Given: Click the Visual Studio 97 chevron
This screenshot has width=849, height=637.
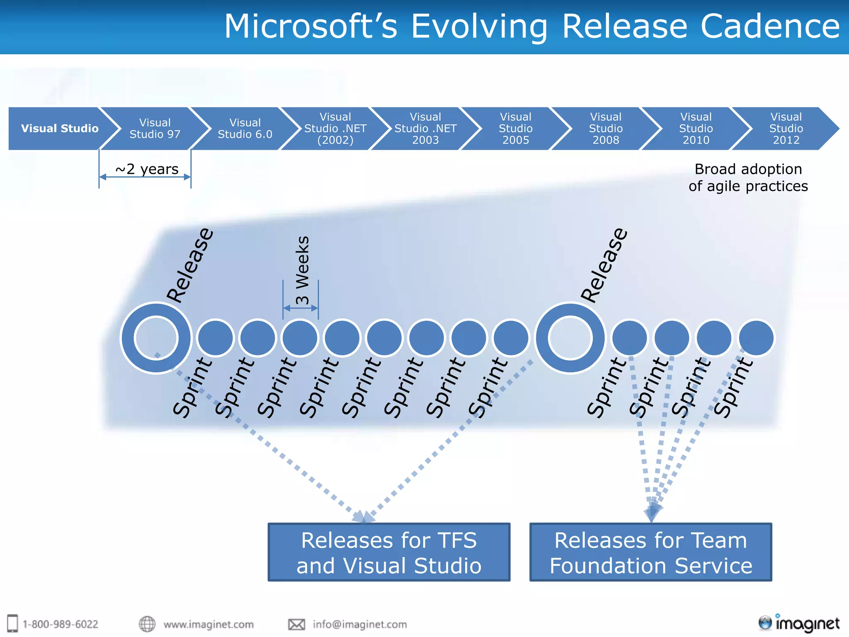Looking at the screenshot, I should [x=155, y=129].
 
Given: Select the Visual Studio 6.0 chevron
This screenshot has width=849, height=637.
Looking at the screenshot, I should [x=245, y=129].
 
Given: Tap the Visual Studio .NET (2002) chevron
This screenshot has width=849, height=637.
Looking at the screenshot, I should [x=335, y=129].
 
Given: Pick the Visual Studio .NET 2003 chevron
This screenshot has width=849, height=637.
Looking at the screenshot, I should [x=425, y=129].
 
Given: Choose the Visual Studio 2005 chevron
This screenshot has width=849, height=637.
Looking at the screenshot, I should [x=516, y=129].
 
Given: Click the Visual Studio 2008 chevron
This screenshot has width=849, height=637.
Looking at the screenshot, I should [x=606, y=129].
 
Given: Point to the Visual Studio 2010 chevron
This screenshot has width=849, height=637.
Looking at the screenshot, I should [x=696, y=129].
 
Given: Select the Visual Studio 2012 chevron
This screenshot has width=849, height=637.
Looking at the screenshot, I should [x=786, y=129].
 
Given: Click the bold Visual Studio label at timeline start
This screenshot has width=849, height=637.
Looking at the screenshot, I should [x=60, y=129].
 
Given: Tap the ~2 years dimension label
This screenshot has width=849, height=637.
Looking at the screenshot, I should [x=147, y=169].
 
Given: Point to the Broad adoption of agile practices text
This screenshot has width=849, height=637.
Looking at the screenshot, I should [x=748, y=177].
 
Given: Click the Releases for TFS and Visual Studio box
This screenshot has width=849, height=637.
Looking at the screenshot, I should [x=389, y=552].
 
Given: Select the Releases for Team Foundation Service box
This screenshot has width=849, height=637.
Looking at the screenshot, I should [x=651, y=552].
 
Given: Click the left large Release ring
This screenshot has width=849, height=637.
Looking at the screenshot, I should [x=156, y=338].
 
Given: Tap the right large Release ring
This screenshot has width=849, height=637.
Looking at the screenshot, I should [x=570, y=338].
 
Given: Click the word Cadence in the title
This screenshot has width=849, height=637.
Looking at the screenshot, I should [x=770, y=27].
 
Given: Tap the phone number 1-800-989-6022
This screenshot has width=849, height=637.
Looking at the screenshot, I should [x=60, y=624].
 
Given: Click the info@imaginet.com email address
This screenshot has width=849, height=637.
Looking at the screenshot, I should [x=359, y=624].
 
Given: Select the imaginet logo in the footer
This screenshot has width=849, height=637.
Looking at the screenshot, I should [x=799, y=623].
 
